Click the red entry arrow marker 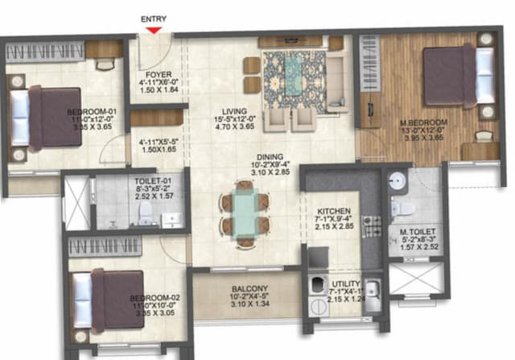[x=154, y=30]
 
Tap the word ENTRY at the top [x=154, y=19]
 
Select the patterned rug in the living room [x=294, y=81]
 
